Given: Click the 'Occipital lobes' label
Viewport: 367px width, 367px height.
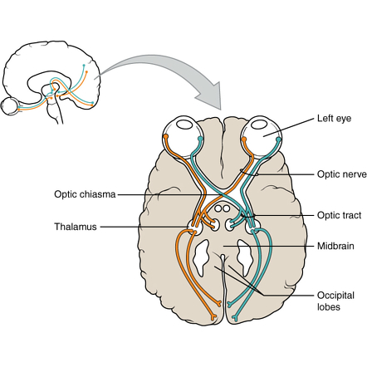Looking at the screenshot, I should [x=335, y=300].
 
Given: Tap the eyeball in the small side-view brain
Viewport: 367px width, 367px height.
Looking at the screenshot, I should [x=11, y=106].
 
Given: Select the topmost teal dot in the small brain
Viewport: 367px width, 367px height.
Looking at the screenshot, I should [x=84, y=64].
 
